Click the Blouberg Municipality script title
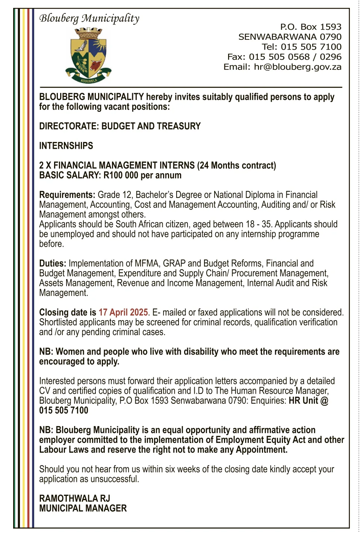89,18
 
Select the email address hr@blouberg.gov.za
297,67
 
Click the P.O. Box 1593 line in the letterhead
310,27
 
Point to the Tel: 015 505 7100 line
301,47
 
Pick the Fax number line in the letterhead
284,57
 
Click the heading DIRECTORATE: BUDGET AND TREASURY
120,126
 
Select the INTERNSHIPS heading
66,146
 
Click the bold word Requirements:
67,195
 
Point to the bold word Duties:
53,264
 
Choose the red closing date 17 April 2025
123,313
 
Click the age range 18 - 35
259,224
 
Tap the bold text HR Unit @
308,401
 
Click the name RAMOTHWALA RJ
74,499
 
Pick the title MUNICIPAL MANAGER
83,508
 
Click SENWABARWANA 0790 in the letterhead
290,37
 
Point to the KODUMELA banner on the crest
89,80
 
